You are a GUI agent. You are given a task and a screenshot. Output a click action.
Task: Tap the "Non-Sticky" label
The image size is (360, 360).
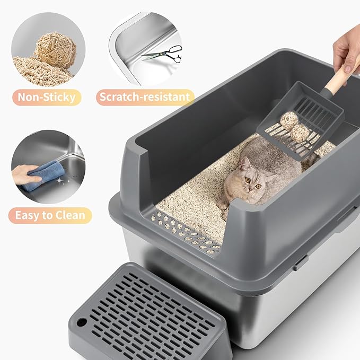coord(47,97)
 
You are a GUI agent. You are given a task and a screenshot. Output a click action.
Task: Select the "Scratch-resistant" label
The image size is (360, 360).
coord(145,97)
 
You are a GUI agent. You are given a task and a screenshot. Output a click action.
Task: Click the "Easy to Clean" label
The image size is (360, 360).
coord(50,215)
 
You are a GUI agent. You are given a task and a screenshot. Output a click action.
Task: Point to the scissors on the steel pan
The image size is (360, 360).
coord(164,53)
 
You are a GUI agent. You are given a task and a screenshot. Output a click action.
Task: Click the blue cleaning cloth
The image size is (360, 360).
coord(46,174)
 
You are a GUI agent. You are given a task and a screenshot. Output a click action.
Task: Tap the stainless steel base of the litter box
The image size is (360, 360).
coord(297,302)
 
